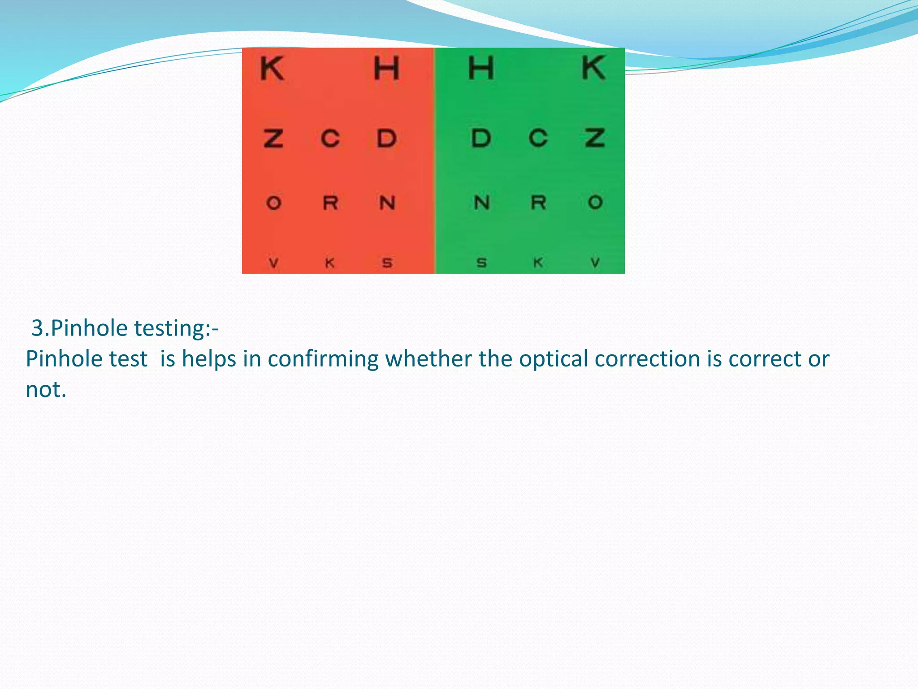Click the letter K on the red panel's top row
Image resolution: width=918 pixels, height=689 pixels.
tap(272, 69)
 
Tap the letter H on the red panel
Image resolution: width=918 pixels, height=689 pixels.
tap(386, 69)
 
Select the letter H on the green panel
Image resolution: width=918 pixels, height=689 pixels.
tap(481, 68)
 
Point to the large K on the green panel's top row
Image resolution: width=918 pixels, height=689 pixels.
tap(593, 68)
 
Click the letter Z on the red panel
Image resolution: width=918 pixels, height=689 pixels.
tap(273, 138)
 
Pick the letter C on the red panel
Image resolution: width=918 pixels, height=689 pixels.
tap(330, 138)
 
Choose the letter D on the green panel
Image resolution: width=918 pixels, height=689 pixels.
tap(481, 138)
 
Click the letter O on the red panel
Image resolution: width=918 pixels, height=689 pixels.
tap(273, 203)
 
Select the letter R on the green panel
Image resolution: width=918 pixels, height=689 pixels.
tap(538, 202)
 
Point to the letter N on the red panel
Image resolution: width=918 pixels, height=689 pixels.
tap(387, 203)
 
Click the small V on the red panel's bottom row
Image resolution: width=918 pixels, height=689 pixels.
tap(273, 263)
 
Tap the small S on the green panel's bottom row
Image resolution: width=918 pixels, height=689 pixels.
tap(481, 263)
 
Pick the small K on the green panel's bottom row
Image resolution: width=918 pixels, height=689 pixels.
tap(538, 262)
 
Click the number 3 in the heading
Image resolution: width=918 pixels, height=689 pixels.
tap(38, 328)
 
